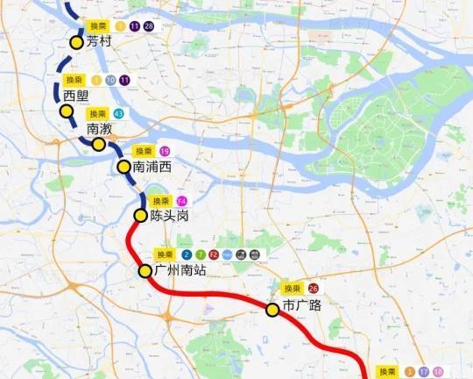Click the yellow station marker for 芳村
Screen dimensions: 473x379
77,39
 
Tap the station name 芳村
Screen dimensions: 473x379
99,41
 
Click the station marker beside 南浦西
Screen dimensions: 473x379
124,166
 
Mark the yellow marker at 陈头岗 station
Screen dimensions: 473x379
140,216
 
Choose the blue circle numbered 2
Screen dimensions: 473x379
187,255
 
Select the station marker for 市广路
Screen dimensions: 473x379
272,308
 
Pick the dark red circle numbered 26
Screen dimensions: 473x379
314,288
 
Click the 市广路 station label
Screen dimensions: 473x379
302,307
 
